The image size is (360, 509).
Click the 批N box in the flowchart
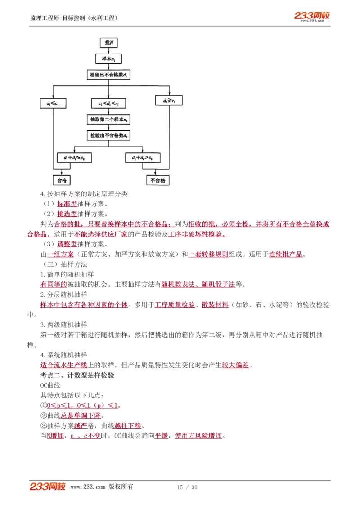[x=109, y=42]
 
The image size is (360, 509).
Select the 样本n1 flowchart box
[x=109, y=58]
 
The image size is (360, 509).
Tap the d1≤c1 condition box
[x=53, y=103]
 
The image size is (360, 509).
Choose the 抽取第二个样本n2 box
[x=109, y=120]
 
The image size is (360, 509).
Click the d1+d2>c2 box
[x=143, y=158]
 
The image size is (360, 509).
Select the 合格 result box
[x=62, y=180]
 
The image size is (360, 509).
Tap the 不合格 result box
[x=157, y=180]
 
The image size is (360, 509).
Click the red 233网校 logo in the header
[x=312, y=16]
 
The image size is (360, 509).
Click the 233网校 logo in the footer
[x=48, y=487]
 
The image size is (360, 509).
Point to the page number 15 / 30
[x=187, y=487]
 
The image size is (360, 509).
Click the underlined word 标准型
[x=67, y=204]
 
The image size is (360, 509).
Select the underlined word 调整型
[x=67, y=244]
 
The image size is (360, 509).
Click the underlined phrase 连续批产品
[x=286, y=254]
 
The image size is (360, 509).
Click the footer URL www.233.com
[x=88, y=487]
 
